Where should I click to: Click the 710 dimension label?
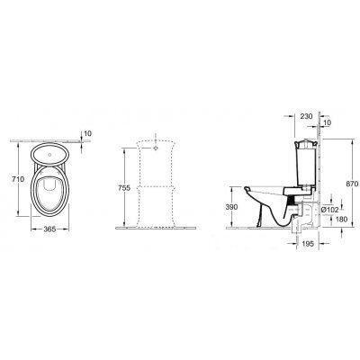click(18, 179)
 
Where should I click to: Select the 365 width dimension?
click(49, 229)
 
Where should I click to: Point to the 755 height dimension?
click(124, 188)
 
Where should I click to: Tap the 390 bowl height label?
click(231, 207)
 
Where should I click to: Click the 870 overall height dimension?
click(352, 184)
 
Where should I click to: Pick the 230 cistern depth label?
click(306, 116)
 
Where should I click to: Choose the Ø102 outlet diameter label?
click(329, 210)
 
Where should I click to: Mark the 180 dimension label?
click(341, 220)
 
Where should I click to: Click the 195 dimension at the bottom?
click(308, 244)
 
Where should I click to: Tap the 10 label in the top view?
click(88, 133)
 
